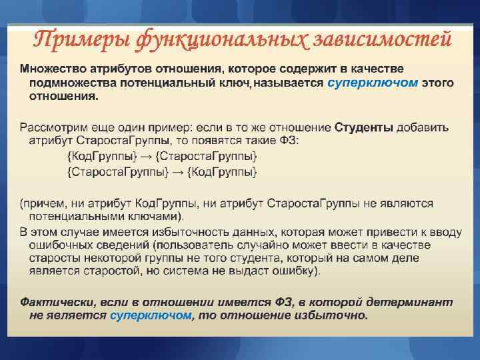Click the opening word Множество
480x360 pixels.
click(51, 69)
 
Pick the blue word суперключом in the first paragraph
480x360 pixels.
click(373, 83)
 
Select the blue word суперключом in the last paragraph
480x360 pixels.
click(151, 315)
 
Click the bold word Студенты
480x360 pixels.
click(363, 127)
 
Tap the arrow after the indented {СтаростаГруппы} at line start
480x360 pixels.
click(177, 172)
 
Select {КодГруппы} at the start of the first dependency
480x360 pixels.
click(101, 156)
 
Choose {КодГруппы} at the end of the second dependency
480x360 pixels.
click(222, 172)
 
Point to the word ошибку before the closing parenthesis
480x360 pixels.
click(295, 271)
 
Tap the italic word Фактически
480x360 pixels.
click(51, 302)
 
